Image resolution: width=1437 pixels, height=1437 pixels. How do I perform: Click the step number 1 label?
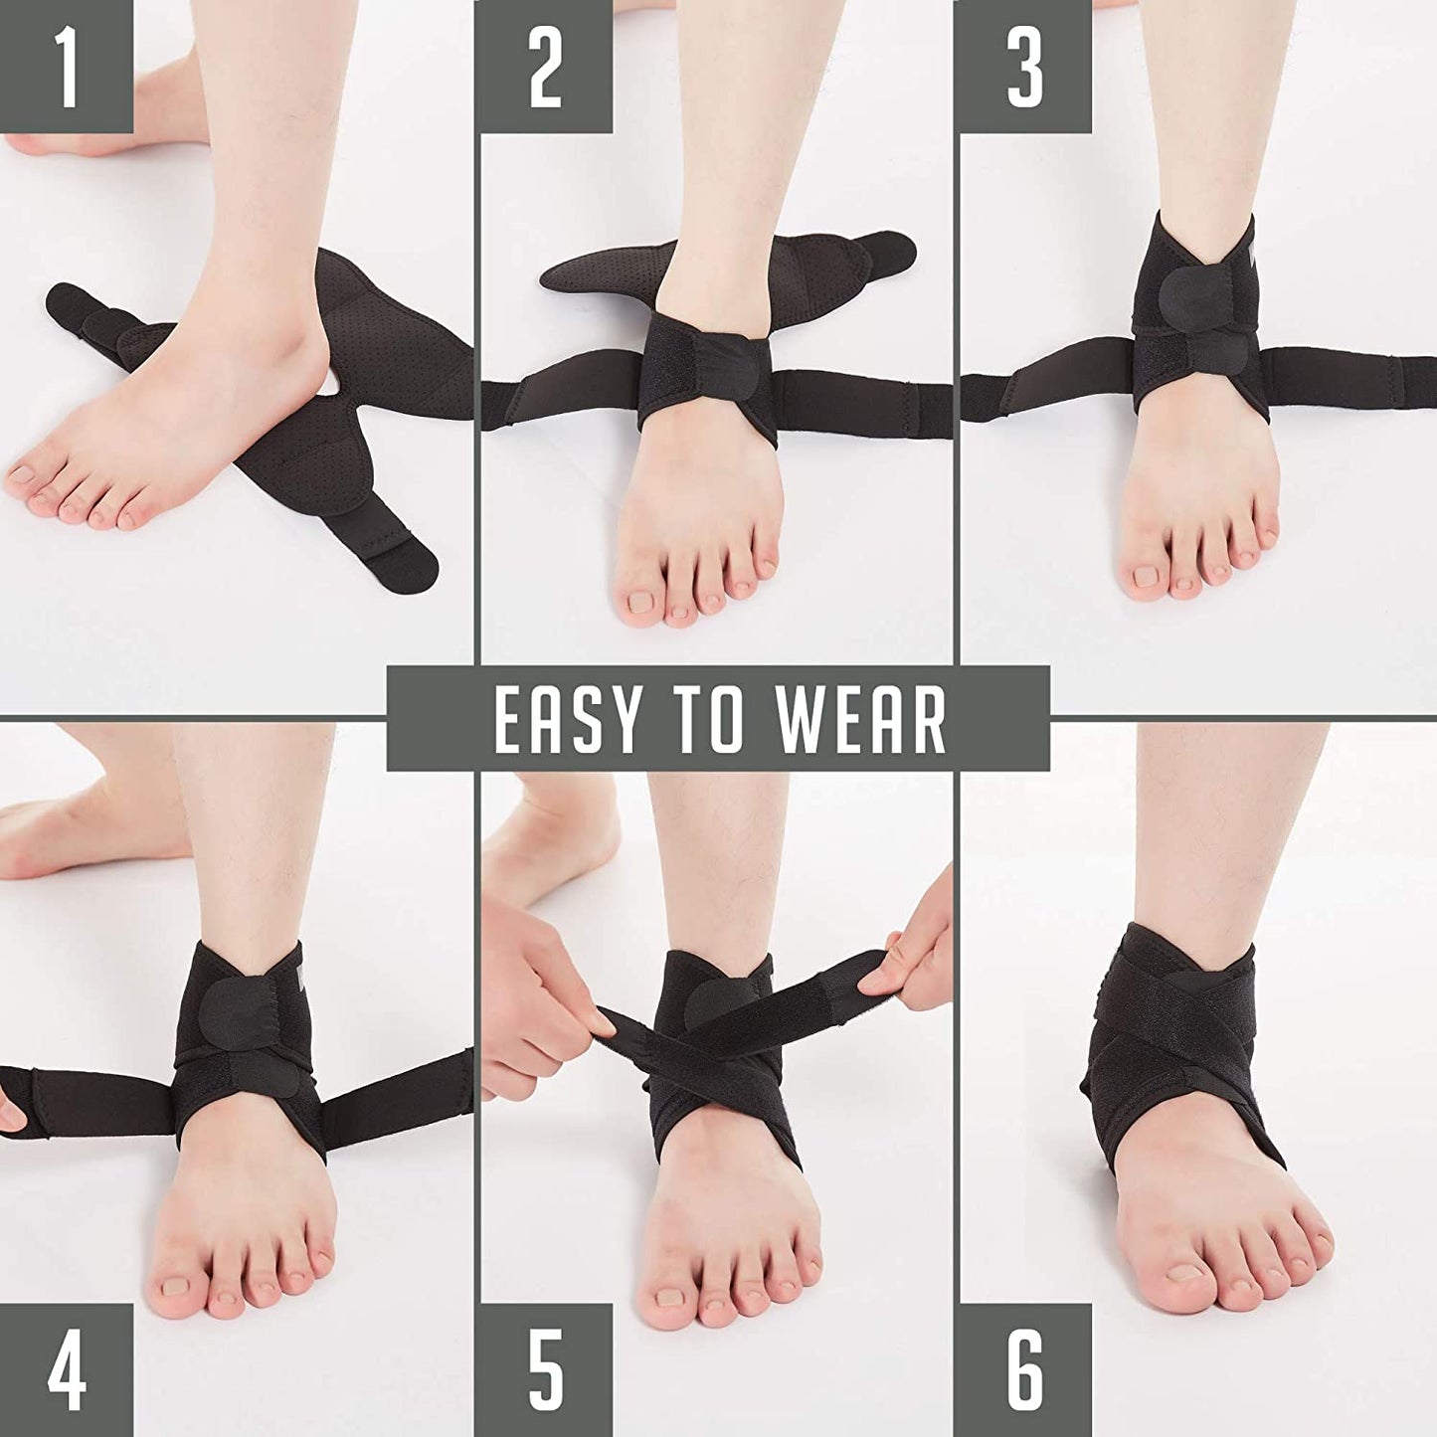(66, 67)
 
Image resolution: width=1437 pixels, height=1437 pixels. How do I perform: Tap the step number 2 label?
(545, 67)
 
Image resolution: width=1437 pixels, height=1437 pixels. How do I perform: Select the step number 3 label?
(1024, 67)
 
